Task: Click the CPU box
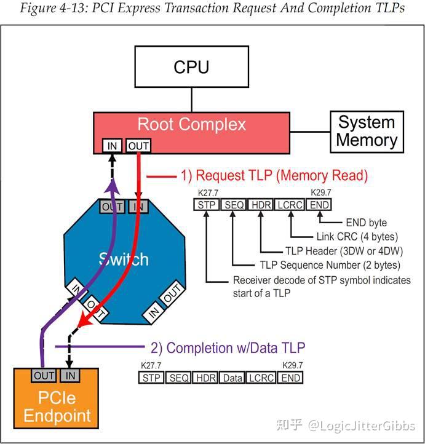point(191,66)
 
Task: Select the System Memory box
point(367,131)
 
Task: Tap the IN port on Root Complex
point(112,146)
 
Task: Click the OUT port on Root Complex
point(138,146)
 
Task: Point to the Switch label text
point(124,258)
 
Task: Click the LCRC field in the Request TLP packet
point(290,205)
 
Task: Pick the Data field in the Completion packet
point(232,378)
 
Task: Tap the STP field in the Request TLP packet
point(206,205)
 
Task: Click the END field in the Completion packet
point(291,378)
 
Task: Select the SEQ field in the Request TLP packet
point(234,205)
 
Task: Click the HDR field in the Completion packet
point(204,378)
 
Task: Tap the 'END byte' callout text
point(366,222)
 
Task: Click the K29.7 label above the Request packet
point(321,193)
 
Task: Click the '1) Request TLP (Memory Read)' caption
point(274,176)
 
